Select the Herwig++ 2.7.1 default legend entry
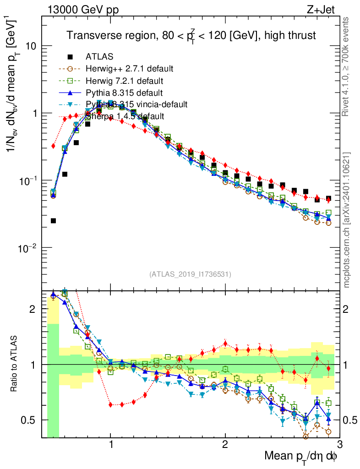129,69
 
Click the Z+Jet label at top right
325,9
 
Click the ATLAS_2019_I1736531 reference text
190,275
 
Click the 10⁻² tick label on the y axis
28,247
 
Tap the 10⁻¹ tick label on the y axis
28,180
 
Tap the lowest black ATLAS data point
54,221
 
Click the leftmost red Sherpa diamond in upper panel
54,146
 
